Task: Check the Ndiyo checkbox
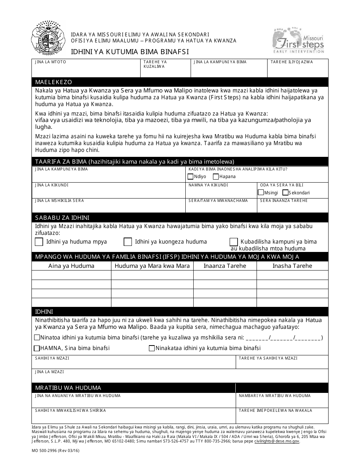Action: click(190, 177)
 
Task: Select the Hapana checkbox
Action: click(216, 177)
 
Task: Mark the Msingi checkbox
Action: click(261, 192)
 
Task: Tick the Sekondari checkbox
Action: click(285, 192)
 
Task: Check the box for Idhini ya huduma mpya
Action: click(39, 242)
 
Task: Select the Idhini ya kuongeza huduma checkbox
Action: click(128, 242)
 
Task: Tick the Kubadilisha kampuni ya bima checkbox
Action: click(234, 242)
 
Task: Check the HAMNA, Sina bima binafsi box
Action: click(37, 348)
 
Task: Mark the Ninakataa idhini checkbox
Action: click(152, 348)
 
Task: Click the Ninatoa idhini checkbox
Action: click(37, 338)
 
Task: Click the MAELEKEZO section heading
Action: click(53, 82)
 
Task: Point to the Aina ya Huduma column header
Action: click(71, 266)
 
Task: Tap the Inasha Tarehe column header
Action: click(292, 266)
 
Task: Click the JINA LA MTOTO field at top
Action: click(86, 69)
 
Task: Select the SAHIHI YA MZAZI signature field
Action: click(134, 363)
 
